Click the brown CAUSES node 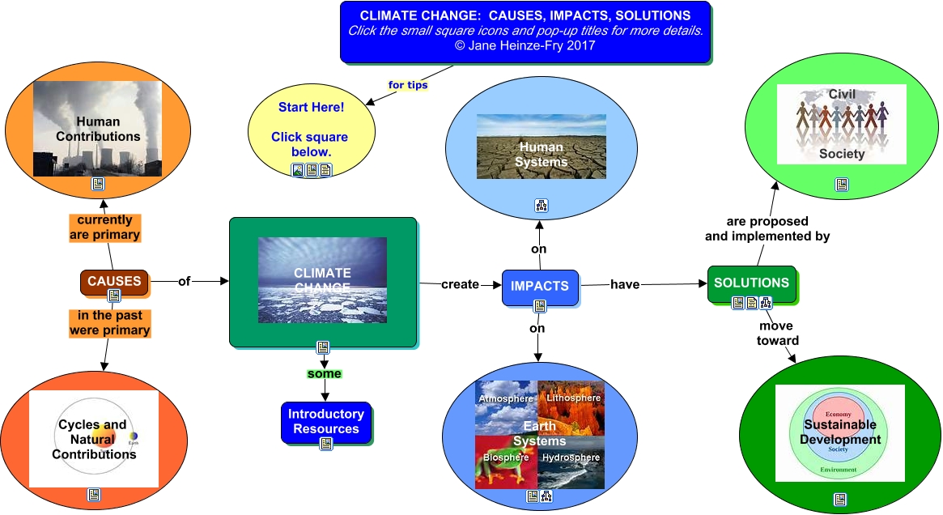pos(114,280)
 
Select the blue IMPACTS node pos(539,285)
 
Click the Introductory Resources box pos(326,421)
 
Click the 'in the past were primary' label pos(109,323)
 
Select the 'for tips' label pos(408,84)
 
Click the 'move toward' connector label pos(778,333)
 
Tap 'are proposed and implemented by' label pos(767,228)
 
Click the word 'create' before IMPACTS pos(460,284)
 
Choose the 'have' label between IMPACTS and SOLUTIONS pos(625,283)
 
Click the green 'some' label pos(324,374)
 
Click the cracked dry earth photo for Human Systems pos(541,147)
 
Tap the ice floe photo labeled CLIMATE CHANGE pos(322,280)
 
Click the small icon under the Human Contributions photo pos(98,184)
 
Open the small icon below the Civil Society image pos(842,184)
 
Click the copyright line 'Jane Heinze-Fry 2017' pos(525,45)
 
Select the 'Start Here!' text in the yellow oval pos(311,107)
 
